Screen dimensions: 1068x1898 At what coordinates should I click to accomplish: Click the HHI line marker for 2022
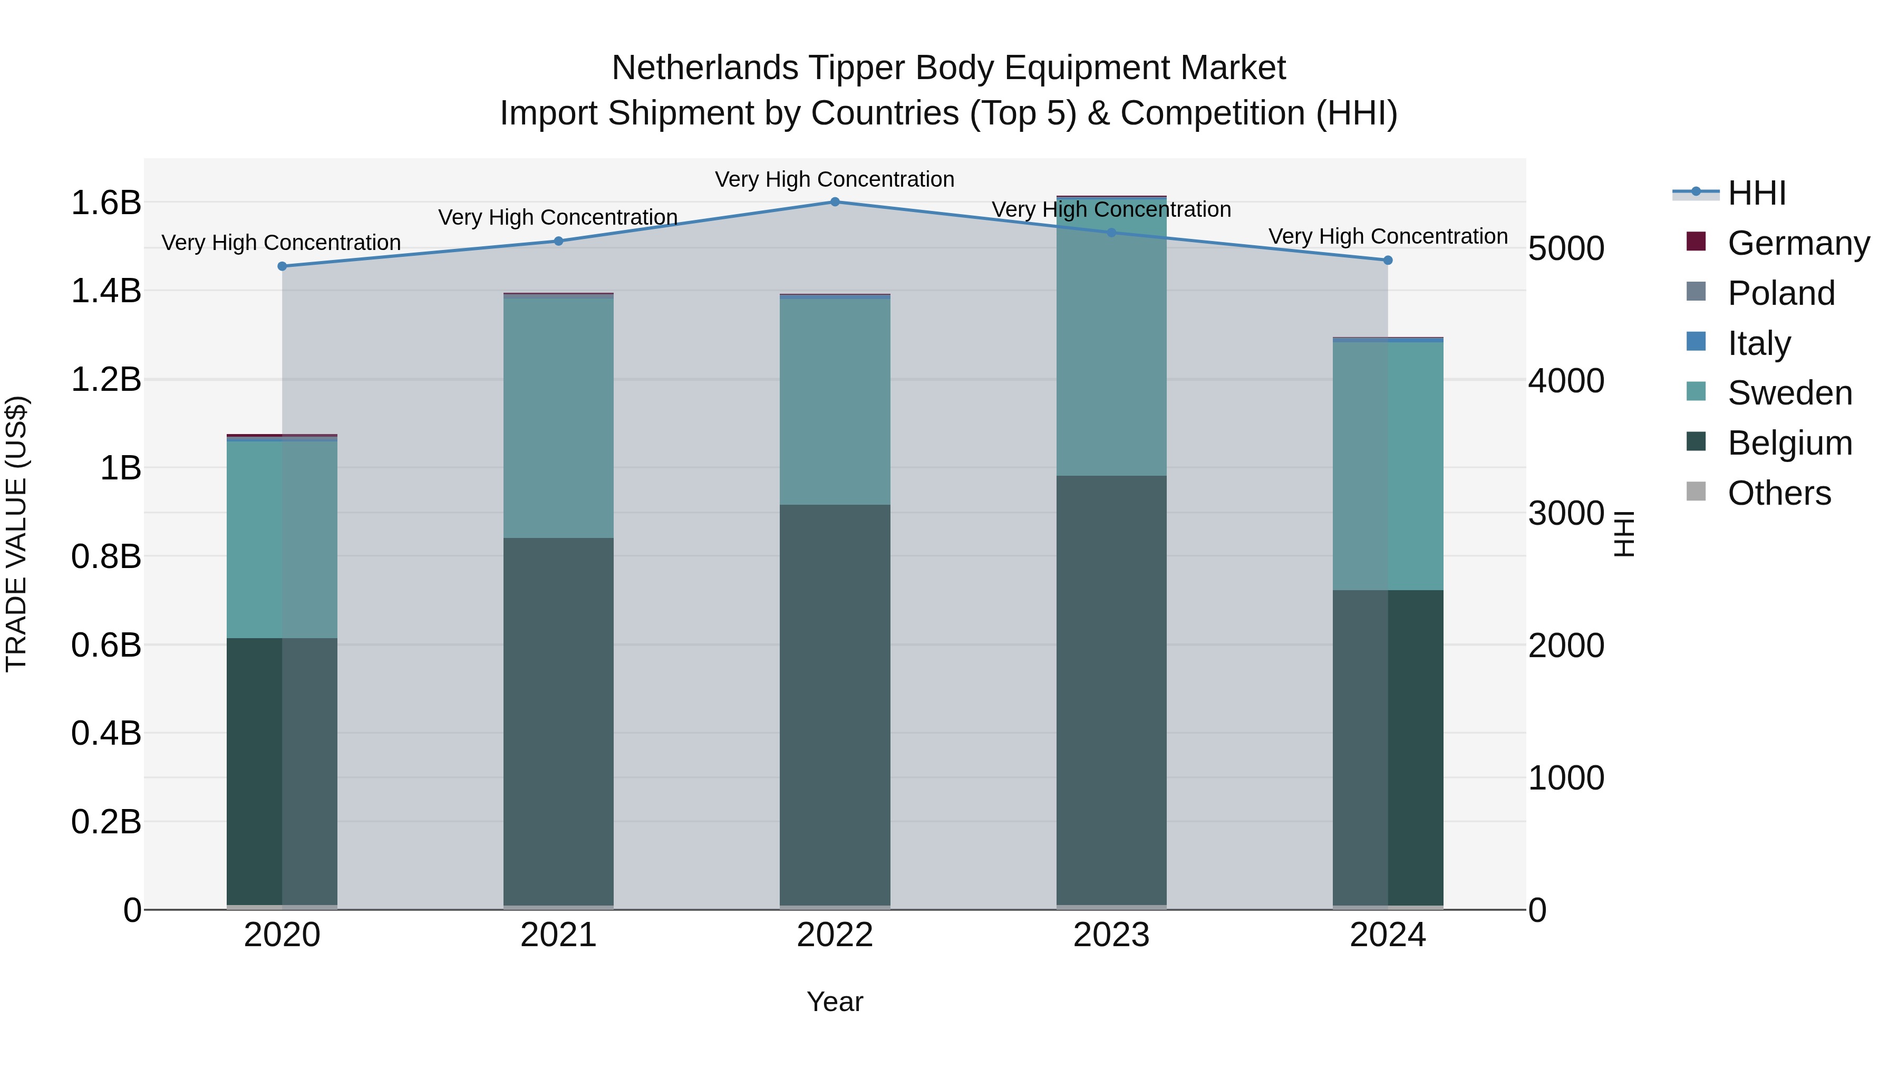tap(835, 201)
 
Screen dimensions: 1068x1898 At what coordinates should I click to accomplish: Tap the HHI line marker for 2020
tap(282, 266)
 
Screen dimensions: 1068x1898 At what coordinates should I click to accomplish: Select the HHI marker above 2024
tap(1388, 260)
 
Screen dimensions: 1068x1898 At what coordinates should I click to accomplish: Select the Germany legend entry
tap(1798, 243)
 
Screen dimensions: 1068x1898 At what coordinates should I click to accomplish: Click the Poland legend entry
tap(1781, 293)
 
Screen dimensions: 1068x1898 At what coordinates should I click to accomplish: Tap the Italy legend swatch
tap(1696, 342)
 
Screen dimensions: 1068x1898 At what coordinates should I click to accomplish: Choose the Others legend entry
tap(1779, 493)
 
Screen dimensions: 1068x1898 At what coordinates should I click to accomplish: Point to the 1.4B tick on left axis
tap(106, 291)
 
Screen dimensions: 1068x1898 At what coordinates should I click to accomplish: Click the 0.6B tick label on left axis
tap(106, 645)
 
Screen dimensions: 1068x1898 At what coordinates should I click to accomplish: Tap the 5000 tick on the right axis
tap(1566, 248)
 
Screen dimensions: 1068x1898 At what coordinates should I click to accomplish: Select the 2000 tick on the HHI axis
tap(1566, 646)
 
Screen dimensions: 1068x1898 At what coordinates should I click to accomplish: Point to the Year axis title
tap(835, 1002)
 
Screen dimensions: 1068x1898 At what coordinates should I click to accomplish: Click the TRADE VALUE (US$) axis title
tap(16, 534)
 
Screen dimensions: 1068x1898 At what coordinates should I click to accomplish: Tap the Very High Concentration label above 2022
tap(835, 179)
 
